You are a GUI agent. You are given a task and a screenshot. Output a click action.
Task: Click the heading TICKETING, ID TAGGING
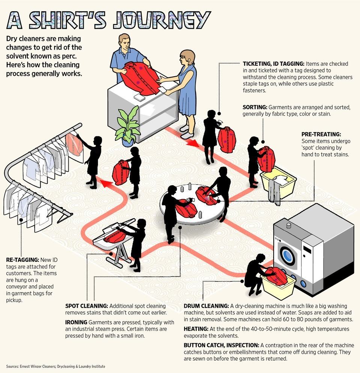[x=274, y=63]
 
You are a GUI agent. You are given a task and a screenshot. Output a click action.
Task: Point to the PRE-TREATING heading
[x=321, y=134]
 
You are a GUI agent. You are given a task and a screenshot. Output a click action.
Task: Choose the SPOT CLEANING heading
[x=87, y=306]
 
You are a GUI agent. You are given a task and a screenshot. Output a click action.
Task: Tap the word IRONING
[x=76, y=322]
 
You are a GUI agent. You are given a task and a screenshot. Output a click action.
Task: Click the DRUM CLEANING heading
[x=206, y=306]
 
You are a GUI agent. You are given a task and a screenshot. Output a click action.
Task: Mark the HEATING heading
[x=196, y=329]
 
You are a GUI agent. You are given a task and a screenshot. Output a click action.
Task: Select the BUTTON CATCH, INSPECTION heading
[x=221, y=345]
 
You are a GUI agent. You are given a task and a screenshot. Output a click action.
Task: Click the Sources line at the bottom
[x=56, y=366]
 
